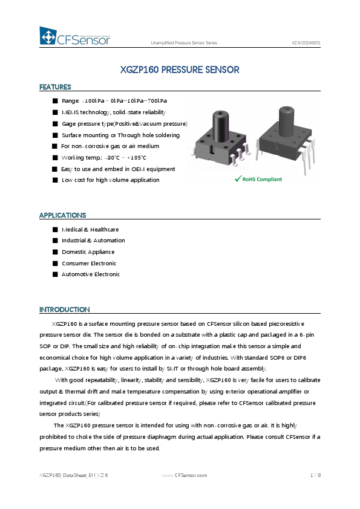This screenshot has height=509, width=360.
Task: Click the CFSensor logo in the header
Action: [x=75, y=37]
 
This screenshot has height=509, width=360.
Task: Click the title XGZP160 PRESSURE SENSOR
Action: [x=180, y=70]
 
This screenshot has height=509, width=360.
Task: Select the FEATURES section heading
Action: [x=55, y=87]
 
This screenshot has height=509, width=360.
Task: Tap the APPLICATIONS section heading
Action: [x=62, y=215]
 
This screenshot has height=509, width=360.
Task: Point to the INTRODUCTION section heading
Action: [x=64, y=310]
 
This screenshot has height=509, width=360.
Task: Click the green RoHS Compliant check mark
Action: [x=239, y=180]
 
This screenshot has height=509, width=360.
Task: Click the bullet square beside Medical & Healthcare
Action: [x=55, y=230]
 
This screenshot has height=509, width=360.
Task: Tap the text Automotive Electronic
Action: [x=90, y=274]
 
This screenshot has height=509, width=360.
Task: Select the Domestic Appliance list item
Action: [x=88, y=252]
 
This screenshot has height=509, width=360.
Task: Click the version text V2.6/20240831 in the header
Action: [x=306, y=43]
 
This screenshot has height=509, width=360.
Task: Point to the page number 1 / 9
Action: [x=315, y=476]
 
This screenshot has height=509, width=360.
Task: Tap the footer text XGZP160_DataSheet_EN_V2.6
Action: [x=73, y=476]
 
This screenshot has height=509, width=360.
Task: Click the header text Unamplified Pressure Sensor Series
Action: [x=184, y=43]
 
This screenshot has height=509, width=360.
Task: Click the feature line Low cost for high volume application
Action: [x=111, y=180]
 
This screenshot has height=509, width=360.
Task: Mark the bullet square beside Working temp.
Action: [x=55, y=158]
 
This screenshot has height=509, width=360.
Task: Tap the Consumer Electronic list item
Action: [x=88, y=264]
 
